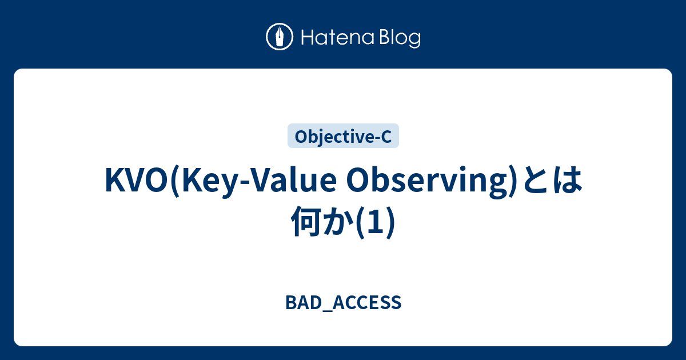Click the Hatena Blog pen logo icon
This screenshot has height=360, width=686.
pyautogui.click(x=280, y=38)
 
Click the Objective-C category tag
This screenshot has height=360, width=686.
pyautogui.click(x=343, y=137)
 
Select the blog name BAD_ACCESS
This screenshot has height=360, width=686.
pyautogui.click(x=343, y=303)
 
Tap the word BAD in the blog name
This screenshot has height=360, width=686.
pyautogui.click(x=298, y=302)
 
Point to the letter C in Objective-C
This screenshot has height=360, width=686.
pyautogui.click(x=386, y=137)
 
